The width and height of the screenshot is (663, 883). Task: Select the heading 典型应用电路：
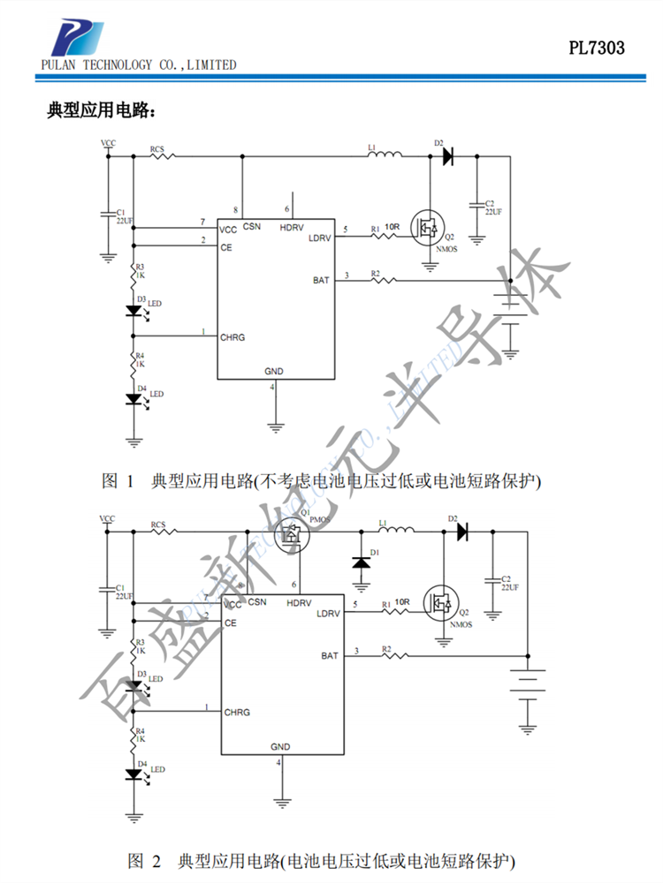pos(102,111)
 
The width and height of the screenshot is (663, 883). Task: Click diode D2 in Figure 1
pos(447,156)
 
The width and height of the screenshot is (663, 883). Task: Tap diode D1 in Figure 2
pos(361,562)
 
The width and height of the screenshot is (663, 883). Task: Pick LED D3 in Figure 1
pos(134,311)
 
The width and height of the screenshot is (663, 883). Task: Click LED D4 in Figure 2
pos(134,774)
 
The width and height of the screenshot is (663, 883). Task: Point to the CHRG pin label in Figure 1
pos(232,337)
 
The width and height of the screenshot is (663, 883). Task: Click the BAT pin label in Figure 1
pos(322,280)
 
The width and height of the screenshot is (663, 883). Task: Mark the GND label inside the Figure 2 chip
pos(280,747)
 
